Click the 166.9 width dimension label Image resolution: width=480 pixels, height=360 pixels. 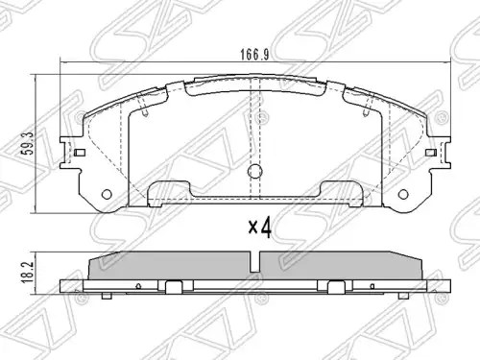(x=254, y=55)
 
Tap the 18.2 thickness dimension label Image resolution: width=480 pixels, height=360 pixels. (x=27, y=272)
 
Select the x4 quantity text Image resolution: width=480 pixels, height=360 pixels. (x=260, y=228)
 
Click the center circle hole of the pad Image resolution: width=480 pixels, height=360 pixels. (x=255, y=171)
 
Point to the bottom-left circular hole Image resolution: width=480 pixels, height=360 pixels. (x=107, y=194)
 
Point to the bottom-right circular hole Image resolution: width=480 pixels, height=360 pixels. (x=403, y=194)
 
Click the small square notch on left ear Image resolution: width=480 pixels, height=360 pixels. (x=80, y=153)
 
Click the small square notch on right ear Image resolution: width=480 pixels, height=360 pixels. (x=431, y=153)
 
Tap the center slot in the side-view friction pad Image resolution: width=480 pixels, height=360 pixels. (x=255, y=261)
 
